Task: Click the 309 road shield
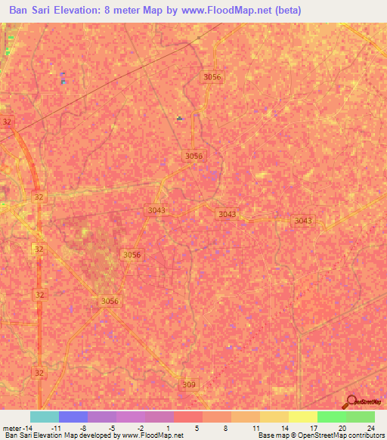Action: [189, 385]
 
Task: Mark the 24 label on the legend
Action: [370, 427]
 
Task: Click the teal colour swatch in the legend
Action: [44, 417]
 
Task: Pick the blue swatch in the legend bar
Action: [73, 417]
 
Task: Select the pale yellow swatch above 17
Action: [302, 417]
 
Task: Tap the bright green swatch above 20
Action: [331, 417]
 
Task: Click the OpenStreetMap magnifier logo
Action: [351, 401]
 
